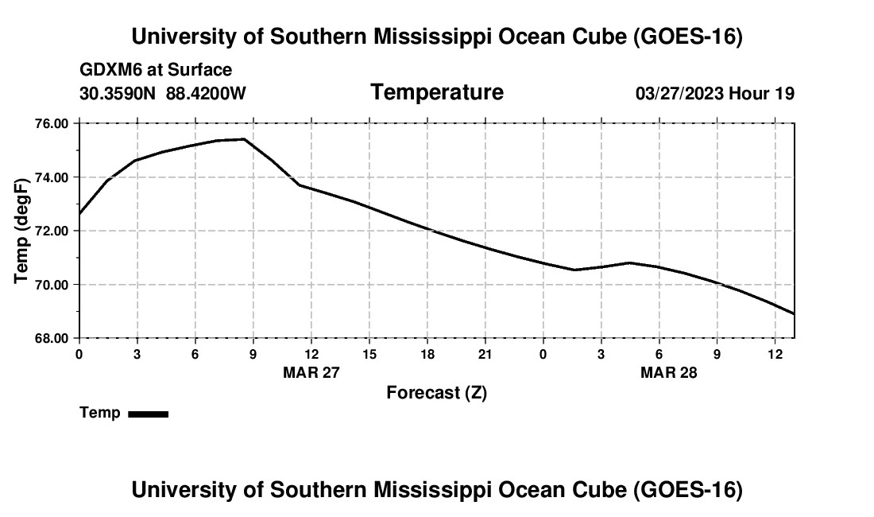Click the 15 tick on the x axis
369,354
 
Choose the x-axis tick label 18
427,354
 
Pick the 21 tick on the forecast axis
485,354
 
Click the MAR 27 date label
311,372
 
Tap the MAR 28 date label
668,372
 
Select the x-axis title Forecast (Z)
436,393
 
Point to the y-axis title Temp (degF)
21,231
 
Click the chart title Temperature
437,92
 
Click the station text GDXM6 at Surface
156,70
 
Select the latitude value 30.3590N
118,93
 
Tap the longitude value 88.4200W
206,93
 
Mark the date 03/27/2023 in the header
679,93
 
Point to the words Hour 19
761,93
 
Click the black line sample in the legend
149,414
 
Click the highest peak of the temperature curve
244,139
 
